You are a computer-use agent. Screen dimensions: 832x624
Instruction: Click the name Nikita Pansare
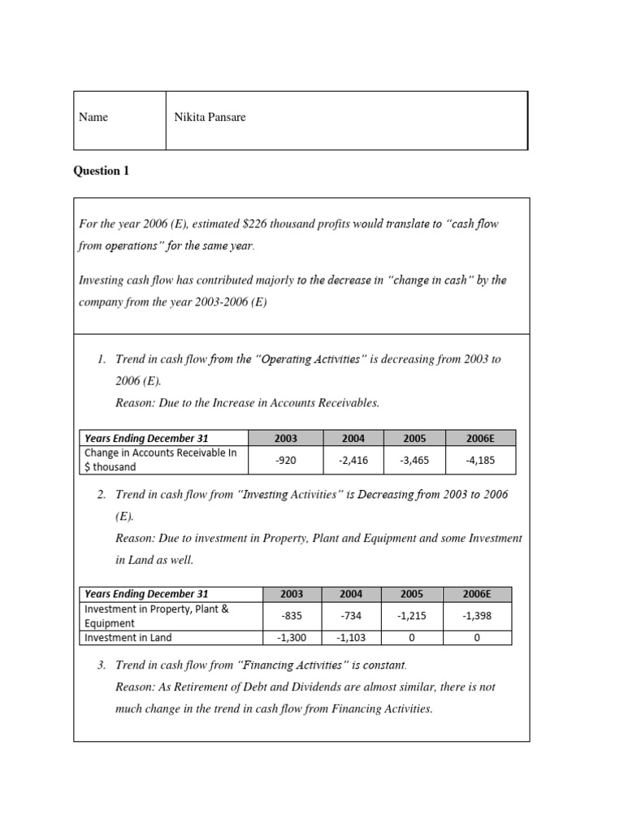pyautogui.click(x=210, y=117)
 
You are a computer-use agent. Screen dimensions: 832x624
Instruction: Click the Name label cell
pyautogui.click(x=93, y=117)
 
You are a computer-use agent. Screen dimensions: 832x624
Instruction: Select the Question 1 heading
pyautogui.click(x=101, y=171)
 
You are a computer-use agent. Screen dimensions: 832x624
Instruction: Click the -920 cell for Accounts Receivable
pyautogui.click(x=285, y=461)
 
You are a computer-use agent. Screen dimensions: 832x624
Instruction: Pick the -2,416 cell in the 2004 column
pyautogui.click(x=353, y=461)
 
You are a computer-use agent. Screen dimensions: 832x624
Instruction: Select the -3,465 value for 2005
pyautogui.click(x=414, y=461)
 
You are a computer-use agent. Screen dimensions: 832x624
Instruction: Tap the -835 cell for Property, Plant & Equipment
pyautogui.click(x=285, y=616)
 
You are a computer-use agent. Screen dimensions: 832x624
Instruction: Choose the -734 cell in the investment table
pyautogui.click(x=353, y=616)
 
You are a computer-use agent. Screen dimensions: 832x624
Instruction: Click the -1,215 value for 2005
pyautogui.click(x=414, y=616)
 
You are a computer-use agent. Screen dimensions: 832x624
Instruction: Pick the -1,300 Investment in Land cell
pyautogui.click(x=285, y=638)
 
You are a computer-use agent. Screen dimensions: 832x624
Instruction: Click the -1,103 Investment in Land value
pyautogui.click(x=353, y=638)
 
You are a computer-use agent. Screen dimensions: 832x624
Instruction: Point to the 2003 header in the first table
pyautogui.click(x=285, y=439)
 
